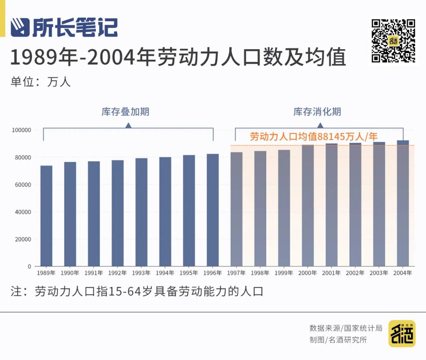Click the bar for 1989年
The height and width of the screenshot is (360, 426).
pos(46,216)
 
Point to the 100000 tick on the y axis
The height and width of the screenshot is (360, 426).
pos(22,130)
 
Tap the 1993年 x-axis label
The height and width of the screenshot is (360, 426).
pos(141,273)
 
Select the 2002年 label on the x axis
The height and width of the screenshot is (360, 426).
pos(355,273)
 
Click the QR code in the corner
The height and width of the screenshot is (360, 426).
pos(393,41)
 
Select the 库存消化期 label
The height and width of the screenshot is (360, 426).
pos(317,112)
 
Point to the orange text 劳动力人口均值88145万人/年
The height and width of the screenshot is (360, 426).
pos(314,137)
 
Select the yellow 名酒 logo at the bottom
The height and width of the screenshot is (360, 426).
pos(402,334)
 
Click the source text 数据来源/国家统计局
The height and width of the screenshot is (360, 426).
pos(345,328)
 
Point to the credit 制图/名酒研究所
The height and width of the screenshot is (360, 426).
pos(338,340)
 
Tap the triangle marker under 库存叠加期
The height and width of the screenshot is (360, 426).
pos(128,126)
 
